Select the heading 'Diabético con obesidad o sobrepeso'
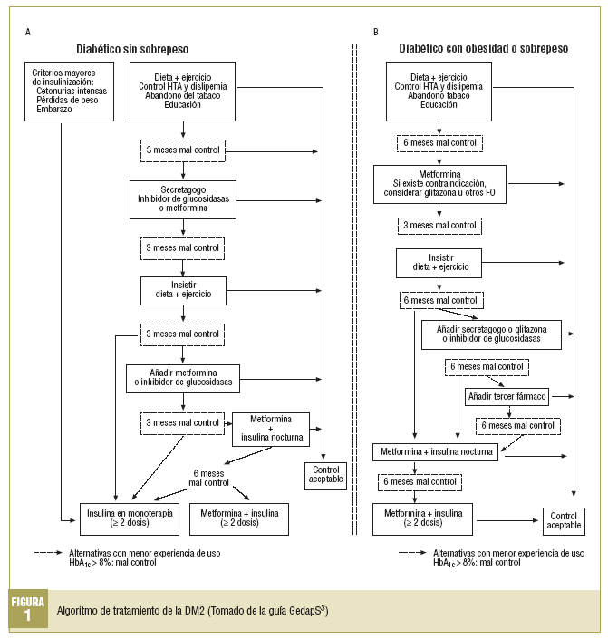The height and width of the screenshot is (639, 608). click(484, 48)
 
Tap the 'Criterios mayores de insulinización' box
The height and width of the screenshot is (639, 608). click(69, 91)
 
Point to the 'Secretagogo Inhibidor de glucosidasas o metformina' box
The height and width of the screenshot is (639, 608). click(184, 198)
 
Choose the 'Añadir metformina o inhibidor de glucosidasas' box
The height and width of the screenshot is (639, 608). click(184, 377)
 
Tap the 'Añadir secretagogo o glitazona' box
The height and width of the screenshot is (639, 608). click(490, 333)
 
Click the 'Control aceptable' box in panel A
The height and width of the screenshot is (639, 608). click(323, 474)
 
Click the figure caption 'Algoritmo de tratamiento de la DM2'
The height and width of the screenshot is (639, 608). click(190, 610)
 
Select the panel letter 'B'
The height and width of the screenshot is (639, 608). click(376, 34)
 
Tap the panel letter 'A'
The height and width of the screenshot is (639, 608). click(28, 34)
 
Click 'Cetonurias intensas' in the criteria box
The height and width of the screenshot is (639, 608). click(72, 91)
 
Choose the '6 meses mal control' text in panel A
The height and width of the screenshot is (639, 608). click(209, 478)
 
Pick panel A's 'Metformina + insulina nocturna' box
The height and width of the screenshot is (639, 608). click(271, 429)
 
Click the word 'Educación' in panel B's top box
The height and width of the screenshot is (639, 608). click(439, 105)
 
